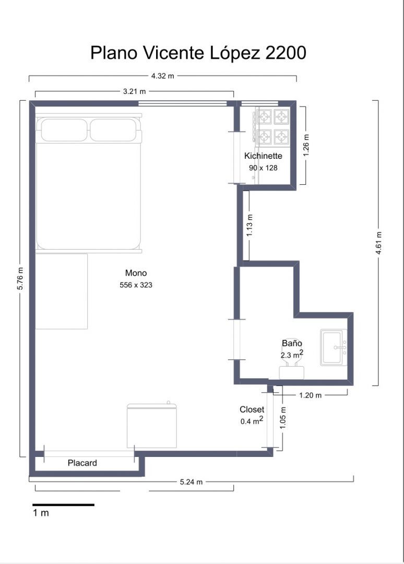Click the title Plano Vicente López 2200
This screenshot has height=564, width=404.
pos(198,53)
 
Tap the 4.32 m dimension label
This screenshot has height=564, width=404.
pos(162,76)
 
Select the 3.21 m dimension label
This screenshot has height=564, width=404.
pos(134,91)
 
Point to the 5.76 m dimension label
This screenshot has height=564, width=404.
pos(20,279)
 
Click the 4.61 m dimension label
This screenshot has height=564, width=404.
pos(378,243)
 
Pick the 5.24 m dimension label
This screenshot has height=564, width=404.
pos(191,482)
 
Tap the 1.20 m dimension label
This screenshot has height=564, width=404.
pos(310,395)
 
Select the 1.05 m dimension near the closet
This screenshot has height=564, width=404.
pos(282,418)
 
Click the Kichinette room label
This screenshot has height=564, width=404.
pos(263,156)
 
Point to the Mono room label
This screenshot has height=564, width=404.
pos(136,273)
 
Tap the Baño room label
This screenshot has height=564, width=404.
pos(292,344)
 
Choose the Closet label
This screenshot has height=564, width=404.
pos(252,409)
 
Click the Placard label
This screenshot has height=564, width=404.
pos(82,463)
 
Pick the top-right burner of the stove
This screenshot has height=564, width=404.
pos(281,115)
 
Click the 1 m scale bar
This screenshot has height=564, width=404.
pos(63,504)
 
